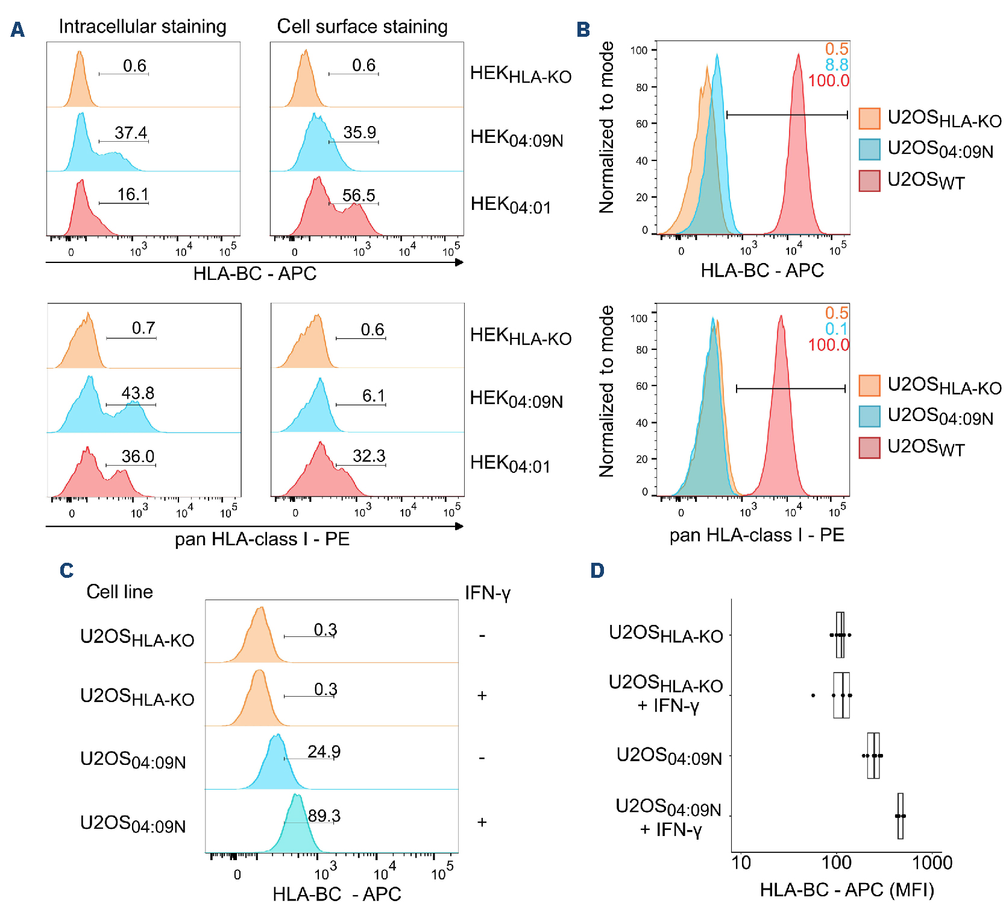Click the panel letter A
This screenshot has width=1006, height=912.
pos(17,29)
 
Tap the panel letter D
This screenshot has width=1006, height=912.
pos(597,570)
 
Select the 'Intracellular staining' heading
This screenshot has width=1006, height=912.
pos(142,27)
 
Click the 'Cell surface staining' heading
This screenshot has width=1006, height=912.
pos(362,27)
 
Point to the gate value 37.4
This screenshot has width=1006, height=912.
pos(131,133)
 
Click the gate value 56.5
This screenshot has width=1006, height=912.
pos(359,195)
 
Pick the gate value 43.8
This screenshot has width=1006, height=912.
pos(137,393)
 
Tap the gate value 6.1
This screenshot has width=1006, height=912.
pos(373,396)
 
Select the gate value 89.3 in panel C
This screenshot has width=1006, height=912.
pos(324,816)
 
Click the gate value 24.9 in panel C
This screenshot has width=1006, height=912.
pos(324,752)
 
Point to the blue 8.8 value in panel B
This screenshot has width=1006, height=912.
pos(837,65)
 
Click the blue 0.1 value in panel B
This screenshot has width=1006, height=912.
pos(837,329)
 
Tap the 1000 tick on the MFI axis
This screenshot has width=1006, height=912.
pos(932,863)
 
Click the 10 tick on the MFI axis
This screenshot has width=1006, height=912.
pos(741,863)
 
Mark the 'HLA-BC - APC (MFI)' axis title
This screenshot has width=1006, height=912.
pos(847,890)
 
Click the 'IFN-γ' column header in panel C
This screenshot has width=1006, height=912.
pos(487,593)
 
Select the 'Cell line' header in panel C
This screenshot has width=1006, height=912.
pos(119,592)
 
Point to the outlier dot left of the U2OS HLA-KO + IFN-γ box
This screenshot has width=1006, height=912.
pos(813,695)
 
